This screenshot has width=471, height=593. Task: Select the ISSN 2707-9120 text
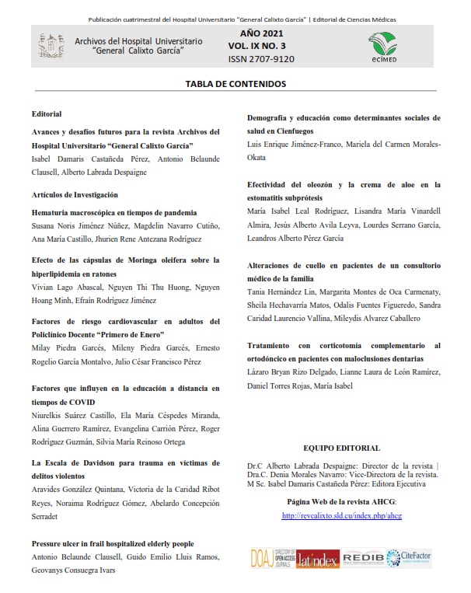click(261, 58)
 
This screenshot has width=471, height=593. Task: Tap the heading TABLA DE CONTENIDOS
click(235, 83)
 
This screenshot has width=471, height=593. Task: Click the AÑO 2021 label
click(261, 33)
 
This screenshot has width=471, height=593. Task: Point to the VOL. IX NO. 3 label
click(261, 46)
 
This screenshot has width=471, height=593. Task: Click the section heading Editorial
click(47, 114)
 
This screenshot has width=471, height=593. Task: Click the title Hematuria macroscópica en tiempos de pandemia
click(114, 212)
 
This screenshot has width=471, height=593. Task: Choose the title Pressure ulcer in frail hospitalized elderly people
click(113, 543)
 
